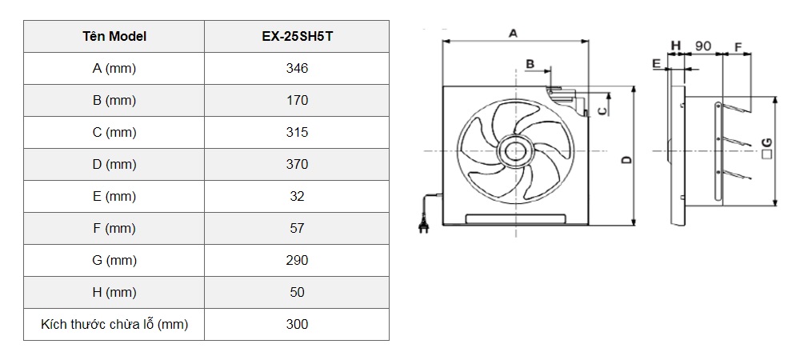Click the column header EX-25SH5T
297,37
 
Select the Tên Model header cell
114,37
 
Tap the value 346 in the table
297,69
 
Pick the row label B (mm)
114,101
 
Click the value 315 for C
297,133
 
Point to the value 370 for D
297,165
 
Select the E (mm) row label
114,197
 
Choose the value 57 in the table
297,229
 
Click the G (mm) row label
114,261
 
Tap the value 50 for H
297,293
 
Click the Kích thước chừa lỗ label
114,325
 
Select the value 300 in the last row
297,325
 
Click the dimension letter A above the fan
513,33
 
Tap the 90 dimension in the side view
703,46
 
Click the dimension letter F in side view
737,46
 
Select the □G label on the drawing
766,146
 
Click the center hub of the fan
513,150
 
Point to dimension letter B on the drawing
530,63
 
